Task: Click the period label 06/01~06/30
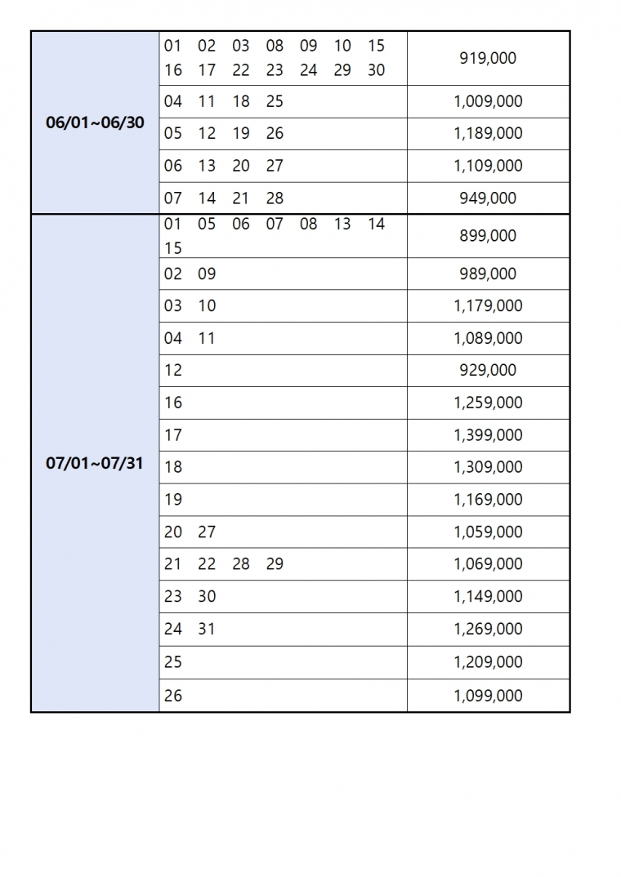pyautogui.click(x=95, y=123)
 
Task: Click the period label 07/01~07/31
pyautogui.click(x=95, y=464)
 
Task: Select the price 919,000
pyautogui.click(x=488, y=59)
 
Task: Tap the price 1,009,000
pyautogui.click(x=488, y=102)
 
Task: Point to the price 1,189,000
pyautogui.click(x=488, y=134)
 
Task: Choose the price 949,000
pyautogui.click(x=488, y=198)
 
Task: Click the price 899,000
pyautogui.click(x=488, y=236)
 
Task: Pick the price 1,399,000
pyautogui.click(x=488, y=435)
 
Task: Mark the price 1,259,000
pyautogui.click(x=488, y=403)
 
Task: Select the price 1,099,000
pyautogui.click(x=488, y=696)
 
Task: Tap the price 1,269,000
pyautogui.click(x=488, y=630)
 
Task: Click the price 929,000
pyautogui.click(x=488, y=371)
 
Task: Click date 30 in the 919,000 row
pyautogui.click(x=376, y=70)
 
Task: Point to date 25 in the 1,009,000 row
pyautogui.click(x=275, y=102)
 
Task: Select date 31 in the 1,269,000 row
pyautogui.click(x=207, y=630)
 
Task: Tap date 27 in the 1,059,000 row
pyautogui.click(x=207, y=532)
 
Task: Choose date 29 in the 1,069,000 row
pyautogui.click(x=275, y=564)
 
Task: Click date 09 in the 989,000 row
pyautogui.click(x=207, y=274)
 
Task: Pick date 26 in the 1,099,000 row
pyautogui.click(x=173, y=696)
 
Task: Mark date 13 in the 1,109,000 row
pyautogui.click(x=207, y=166)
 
